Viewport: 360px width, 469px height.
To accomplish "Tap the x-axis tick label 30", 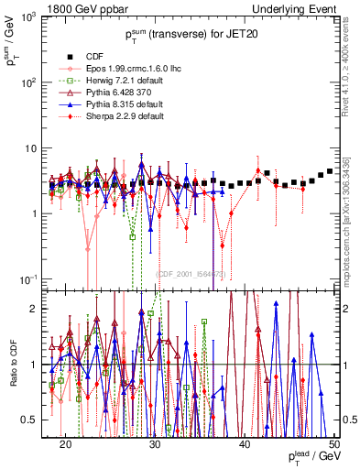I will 155,442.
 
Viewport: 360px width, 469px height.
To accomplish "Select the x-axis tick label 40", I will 245,442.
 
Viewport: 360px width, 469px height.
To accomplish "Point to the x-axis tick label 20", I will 66,442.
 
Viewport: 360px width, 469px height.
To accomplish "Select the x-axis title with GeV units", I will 312,456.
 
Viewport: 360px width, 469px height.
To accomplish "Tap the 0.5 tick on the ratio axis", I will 37,420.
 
